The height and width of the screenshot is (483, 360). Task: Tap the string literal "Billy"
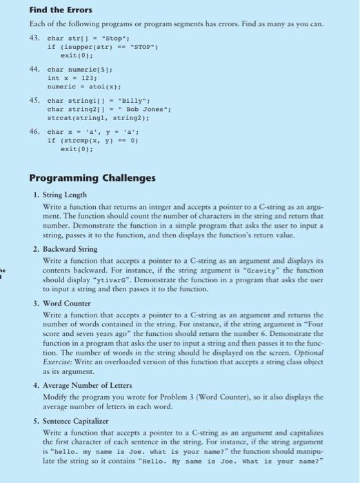click(x=132, y=101)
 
